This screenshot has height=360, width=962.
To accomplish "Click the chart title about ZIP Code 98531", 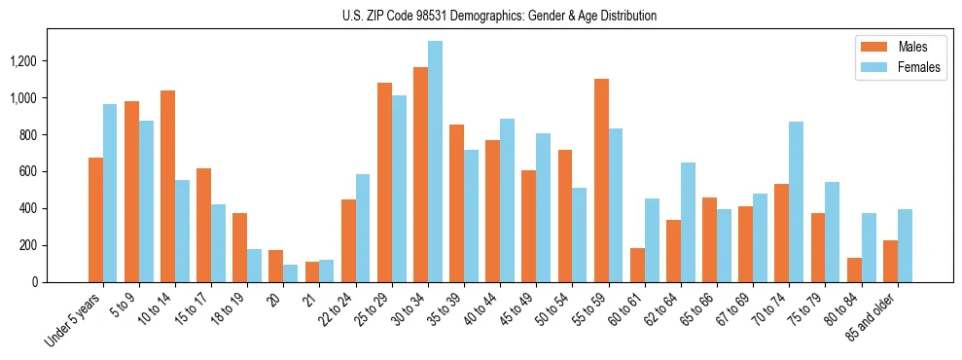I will (x=499, y=16).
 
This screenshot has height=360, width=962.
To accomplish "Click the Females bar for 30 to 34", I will (x=435, y=162).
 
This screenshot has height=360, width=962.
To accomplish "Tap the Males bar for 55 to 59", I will (x=601, y=181).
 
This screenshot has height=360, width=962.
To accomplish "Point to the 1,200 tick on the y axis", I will (x=49, y=61).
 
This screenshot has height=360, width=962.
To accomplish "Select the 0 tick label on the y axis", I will (x=61, y=282).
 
